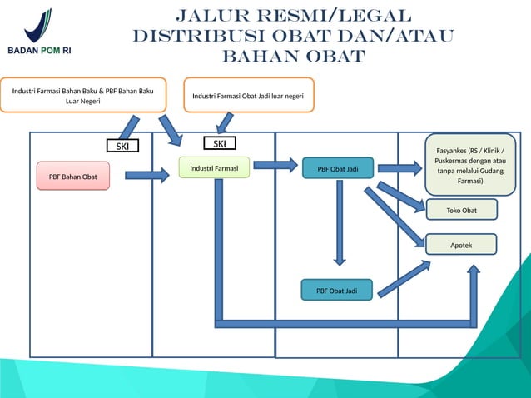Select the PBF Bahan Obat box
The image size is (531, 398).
pos(72,177)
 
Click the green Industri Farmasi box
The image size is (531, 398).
pos(214,169)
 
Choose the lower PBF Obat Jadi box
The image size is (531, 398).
pos(336,291)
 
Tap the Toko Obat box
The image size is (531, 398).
pos(461,211)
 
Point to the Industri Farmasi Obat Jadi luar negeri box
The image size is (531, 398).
pos(247,96)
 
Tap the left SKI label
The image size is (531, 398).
pos(122,147)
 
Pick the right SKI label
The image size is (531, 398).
pos(220,144)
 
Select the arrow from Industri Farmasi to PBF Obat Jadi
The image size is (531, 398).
pos(274,164)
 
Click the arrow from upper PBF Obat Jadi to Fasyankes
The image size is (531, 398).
pos(399,169)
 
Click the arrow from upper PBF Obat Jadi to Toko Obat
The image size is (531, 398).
pos(401,197)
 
